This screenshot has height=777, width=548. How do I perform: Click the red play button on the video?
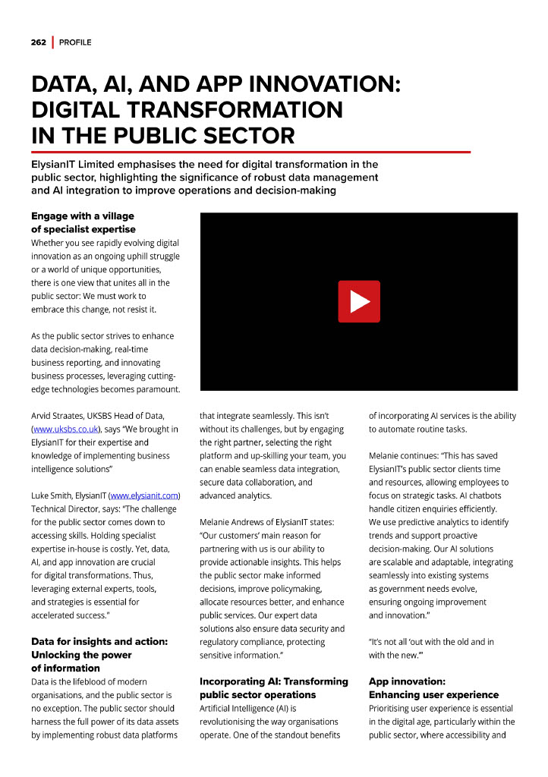click(x=359, y=301)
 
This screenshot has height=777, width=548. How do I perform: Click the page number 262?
click(x=39, y=42)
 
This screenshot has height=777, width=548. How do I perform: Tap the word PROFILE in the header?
click(x=75, y=42)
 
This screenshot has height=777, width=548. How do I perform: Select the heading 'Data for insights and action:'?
click(x=99, y=641)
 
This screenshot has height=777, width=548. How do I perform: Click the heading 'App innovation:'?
click(x=407, y=681)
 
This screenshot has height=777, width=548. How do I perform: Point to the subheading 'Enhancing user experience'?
click(x=433, y=695)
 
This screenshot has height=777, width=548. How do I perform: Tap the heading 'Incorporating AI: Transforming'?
click(x=274, y=681)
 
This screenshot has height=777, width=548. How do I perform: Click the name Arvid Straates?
click(x=59, y=416)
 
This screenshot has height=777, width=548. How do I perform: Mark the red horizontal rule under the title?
click(x=250, y=152)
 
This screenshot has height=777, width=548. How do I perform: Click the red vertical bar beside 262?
click(x=52, y=42)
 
